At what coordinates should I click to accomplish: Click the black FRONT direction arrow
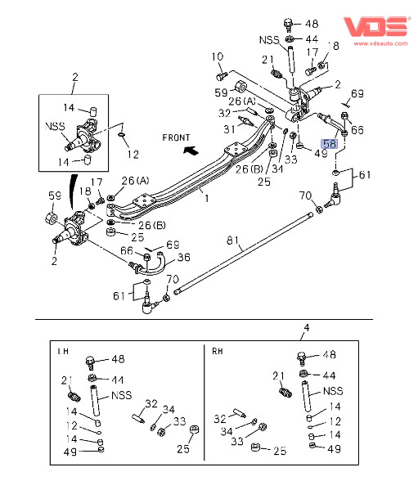191,150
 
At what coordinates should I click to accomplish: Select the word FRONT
176,137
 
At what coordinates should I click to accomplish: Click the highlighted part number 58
330,144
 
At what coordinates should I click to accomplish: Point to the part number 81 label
233,241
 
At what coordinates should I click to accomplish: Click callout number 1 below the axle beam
207,199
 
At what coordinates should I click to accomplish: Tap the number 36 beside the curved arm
184,258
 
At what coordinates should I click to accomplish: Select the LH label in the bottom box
63,351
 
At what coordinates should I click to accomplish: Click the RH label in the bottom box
218,351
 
